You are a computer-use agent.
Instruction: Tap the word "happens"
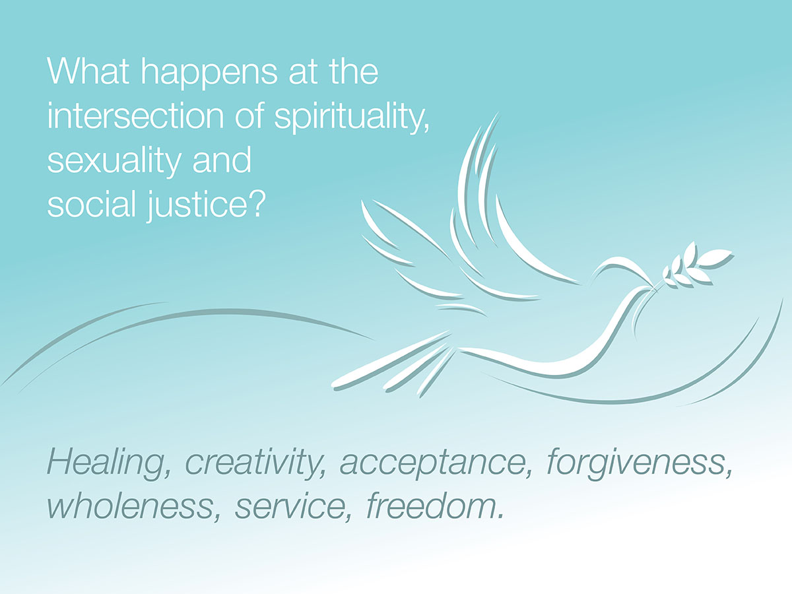(x=209, y=75)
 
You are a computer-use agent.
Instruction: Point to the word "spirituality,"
(x=352, y=118)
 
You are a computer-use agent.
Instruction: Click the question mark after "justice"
(x=257, y=203)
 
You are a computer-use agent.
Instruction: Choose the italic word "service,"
(x=294, y=506)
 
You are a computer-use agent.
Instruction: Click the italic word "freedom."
(x=435, y=505)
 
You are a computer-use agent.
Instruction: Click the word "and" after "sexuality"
(x=222, y=160)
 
